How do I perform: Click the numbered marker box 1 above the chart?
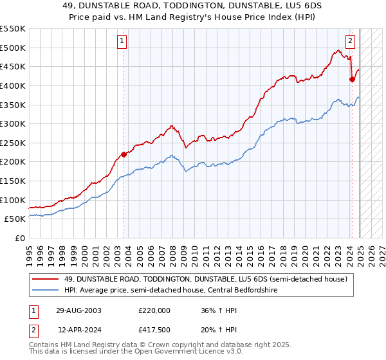pyautogui.click(x=123, y=42)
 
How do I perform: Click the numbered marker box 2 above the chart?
pyautogui.click(x=351, y=42)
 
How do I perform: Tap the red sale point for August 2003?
pyautogui.click(x=124, y=154)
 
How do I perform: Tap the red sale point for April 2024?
pyautogui.click(x=352, y=79)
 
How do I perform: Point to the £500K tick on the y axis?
pyautogui.click(x=13, y=48)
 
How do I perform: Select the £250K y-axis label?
pyautogui.click(x=13, y=143)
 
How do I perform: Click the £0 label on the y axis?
pyautogui.click(x=19, y=238)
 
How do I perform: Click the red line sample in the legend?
pyautogui.click(x=45, y=279)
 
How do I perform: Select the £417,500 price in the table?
pyautogui.click(x=153, y=330)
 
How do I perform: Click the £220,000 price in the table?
pyautogui.click(x=153, y=310)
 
